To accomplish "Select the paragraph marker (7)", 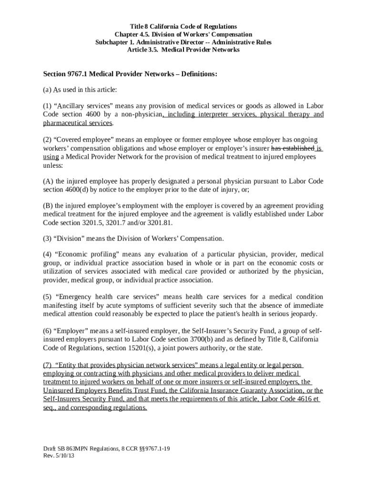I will point(48,365).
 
